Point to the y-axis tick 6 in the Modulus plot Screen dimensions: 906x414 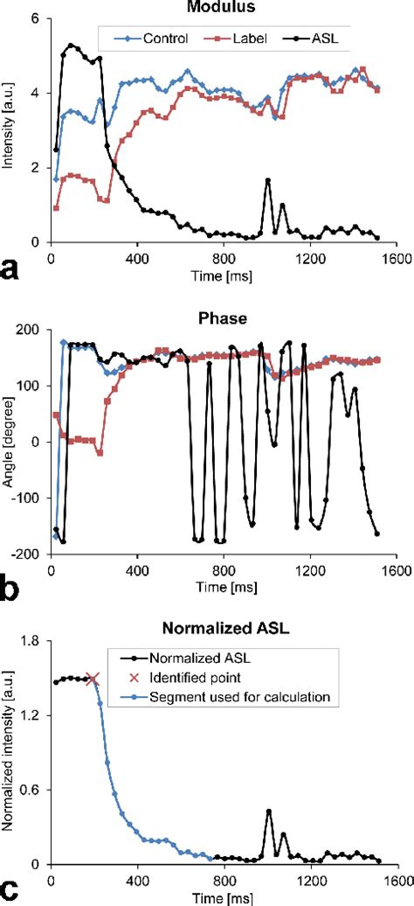click(38, 17)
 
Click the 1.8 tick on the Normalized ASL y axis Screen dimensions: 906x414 click(33, 641)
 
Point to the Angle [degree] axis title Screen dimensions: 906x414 click(8, 442)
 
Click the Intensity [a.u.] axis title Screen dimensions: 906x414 click(8, 129)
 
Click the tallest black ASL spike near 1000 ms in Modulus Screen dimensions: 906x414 click(267, 179)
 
